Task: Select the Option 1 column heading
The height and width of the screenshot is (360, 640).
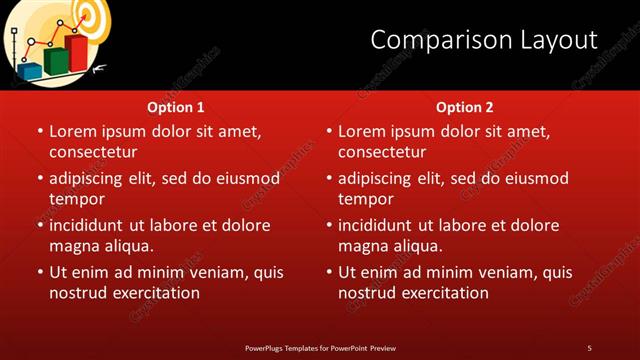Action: [176, 107]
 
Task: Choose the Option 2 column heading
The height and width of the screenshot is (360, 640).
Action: [465, 107]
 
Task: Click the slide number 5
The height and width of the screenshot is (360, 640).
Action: [589, 347]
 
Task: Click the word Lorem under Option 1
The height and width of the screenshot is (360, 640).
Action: [72, 131]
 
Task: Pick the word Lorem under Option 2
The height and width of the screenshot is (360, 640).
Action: [361, 131]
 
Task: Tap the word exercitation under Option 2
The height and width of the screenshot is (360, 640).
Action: [443, 293]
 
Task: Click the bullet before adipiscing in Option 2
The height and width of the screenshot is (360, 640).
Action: [329, 179]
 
